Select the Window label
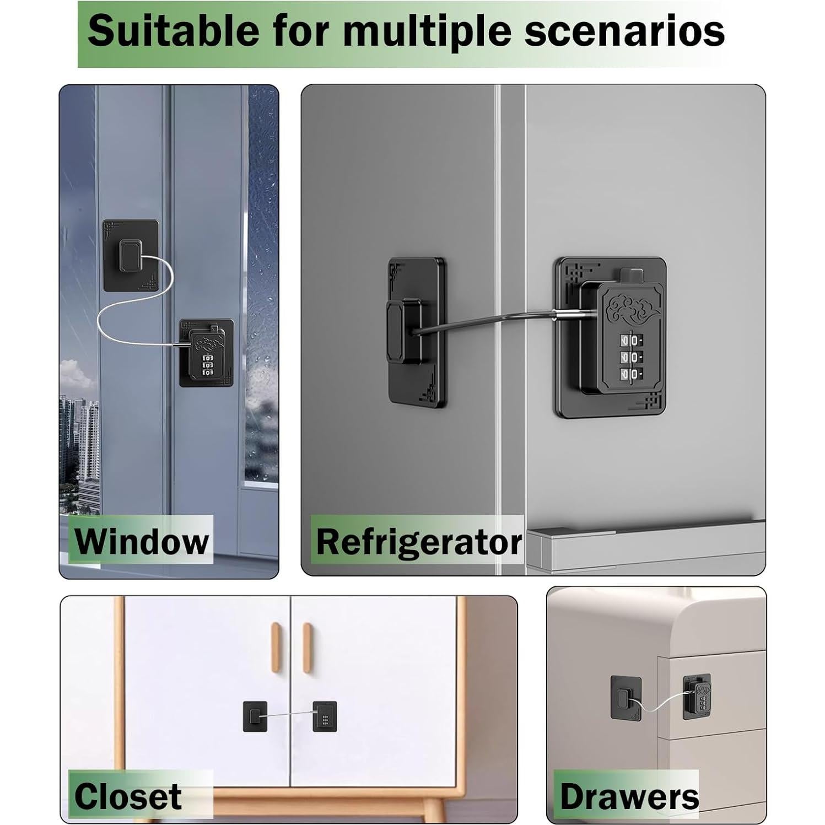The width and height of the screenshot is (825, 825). pyautogui.click(x=142, y=541)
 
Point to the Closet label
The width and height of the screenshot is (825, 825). pyautogui.click(x=128, y=796)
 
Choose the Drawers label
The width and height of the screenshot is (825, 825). pyautogui.click(x=629, y=796)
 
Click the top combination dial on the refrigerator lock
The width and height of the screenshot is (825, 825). pyautogui.click(x=630, y=340)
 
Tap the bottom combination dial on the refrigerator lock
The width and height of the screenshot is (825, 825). pyautogui.click(x=630, y=374)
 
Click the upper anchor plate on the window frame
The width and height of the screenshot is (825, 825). pyautogui.click(x=131, y=255)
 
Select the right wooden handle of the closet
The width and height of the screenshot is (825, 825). pyautogui.click(x=307, y=648)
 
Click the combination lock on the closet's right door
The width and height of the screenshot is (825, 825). pyautogui.click(x=325, y=716)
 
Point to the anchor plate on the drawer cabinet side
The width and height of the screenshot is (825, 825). pyautogui.click(x=625, y=697)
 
